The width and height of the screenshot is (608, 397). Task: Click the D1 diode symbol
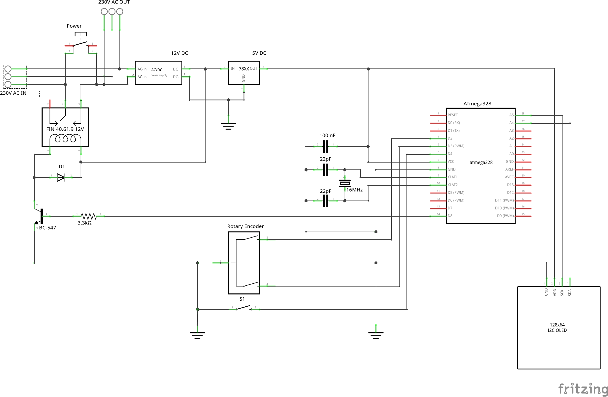[x=61, y=177]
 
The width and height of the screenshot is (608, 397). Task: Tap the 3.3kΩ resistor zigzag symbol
[x=88, y=216]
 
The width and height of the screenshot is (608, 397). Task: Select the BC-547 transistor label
[x=48, y=228]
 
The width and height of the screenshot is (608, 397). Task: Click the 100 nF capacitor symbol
[x=325, y=146]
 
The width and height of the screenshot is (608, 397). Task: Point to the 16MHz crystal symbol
[x=345, y=183]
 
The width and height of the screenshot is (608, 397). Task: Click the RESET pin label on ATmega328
[x=453, y=115]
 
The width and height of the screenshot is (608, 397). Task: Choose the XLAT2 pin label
[x=453, y=185]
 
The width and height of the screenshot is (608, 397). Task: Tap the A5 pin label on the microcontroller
[x=511, y=115]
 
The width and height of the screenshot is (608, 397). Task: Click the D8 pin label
[x=450, y=216]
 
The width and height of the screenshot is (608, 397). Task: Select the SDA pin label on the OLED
[x=570, y=293]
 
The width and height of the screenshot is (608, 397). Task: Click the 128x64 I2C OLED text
[x=557, y=327]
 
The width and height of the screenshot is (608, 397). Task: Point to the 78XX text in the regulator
[x=244, y=69]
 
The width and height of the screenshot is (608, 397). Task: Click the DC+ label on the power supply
[x=176, y=69]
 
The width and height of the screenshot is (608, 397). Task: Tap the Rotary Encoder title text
[x=245, y=226]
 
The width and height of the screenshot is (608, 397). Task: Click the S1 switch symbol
[x=244, y=308]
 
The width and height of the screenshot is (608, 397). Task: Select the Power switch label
[x=74, y=26]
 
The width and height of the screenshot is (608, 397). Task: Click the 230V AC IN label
[x=14, y=93]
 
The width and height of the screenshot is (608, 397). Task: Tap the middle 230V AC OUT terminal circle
[x=112, y=12]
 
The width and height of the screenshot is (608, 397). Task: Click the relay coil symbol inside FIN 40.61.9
[x=65, y=139]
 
